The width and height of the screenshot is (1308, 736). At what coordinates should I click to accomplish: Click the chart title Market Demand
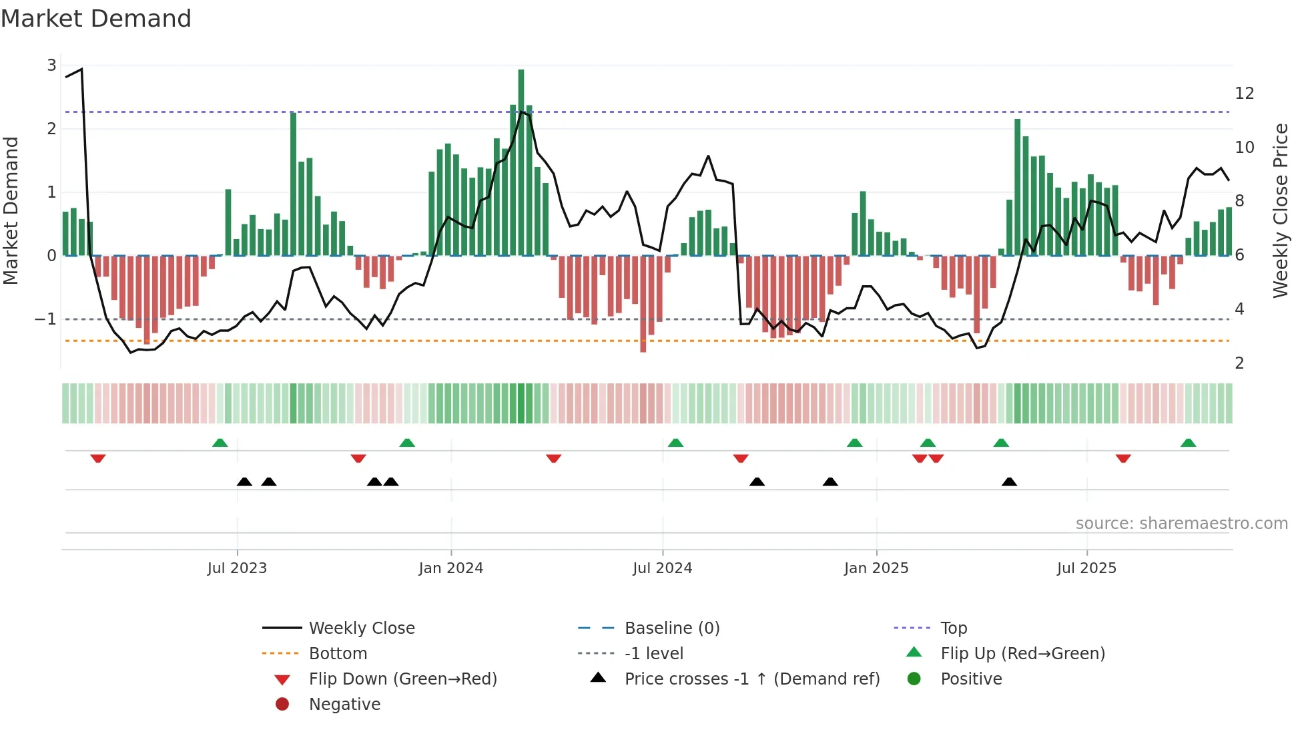click(x=96, y=19)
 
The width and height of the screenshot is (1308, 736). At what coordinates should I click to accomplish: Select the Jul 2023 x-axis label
click(x=237, y=568)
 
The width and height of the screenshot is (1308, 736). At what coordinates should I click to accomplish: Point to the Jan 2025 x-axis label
click(x=876, y=568)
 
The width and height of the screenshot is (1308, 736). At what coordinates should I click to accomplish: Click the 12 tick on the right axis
click(x=1244, y=94)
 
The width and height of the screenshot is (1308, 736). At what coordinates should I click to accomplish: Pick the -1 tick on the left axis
click(x=46, y=319)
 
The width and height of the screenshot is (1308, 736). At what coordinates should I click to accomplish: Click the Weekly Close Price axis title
click(x=1280, y=210)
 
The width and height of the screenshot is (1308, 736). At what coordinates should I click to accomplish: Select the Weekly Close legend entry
click(x=361, y=628)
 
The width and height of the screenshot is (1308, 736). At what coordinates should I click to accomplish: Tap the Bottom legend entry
click(x=338, y=654)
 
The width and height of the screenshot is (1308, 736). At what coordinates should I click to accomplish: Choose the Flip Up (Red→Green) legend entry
click(x=1022, y=654)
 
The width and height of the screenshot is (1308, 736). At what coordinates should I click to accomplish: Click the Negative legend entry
click(x=344, y=705)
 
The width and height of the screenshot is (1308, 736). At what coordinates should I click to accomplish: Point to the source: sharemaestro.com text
click(x=1181, y=524)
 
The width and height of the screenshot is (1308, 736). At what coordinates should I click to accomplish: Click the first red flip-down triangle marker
click(x=98, y=458)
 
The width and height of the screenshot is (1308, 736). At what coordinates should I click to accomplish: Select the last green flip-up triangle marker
click(x=1188, y=443)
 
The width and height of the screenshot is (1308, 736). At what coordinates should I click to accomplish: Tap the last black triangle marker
click(x=1009, y=482)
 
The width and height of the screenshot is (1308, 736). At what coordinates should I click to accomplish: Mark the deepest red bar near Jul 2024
click(x=643, y=304)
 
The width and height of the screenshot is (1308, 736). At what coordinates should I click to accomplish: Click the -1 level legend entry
click(x=653, y=654)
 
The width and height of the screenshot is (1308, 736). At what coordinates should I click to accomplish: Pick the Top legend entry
click(x=953, y=628)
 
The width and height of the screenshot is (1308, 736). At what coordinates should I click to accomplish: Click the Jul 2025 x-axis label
click(x=1086, y=568)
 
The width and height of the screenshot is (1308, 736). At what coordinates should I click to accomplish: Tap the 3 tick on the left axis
click(x=51, y=65)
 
